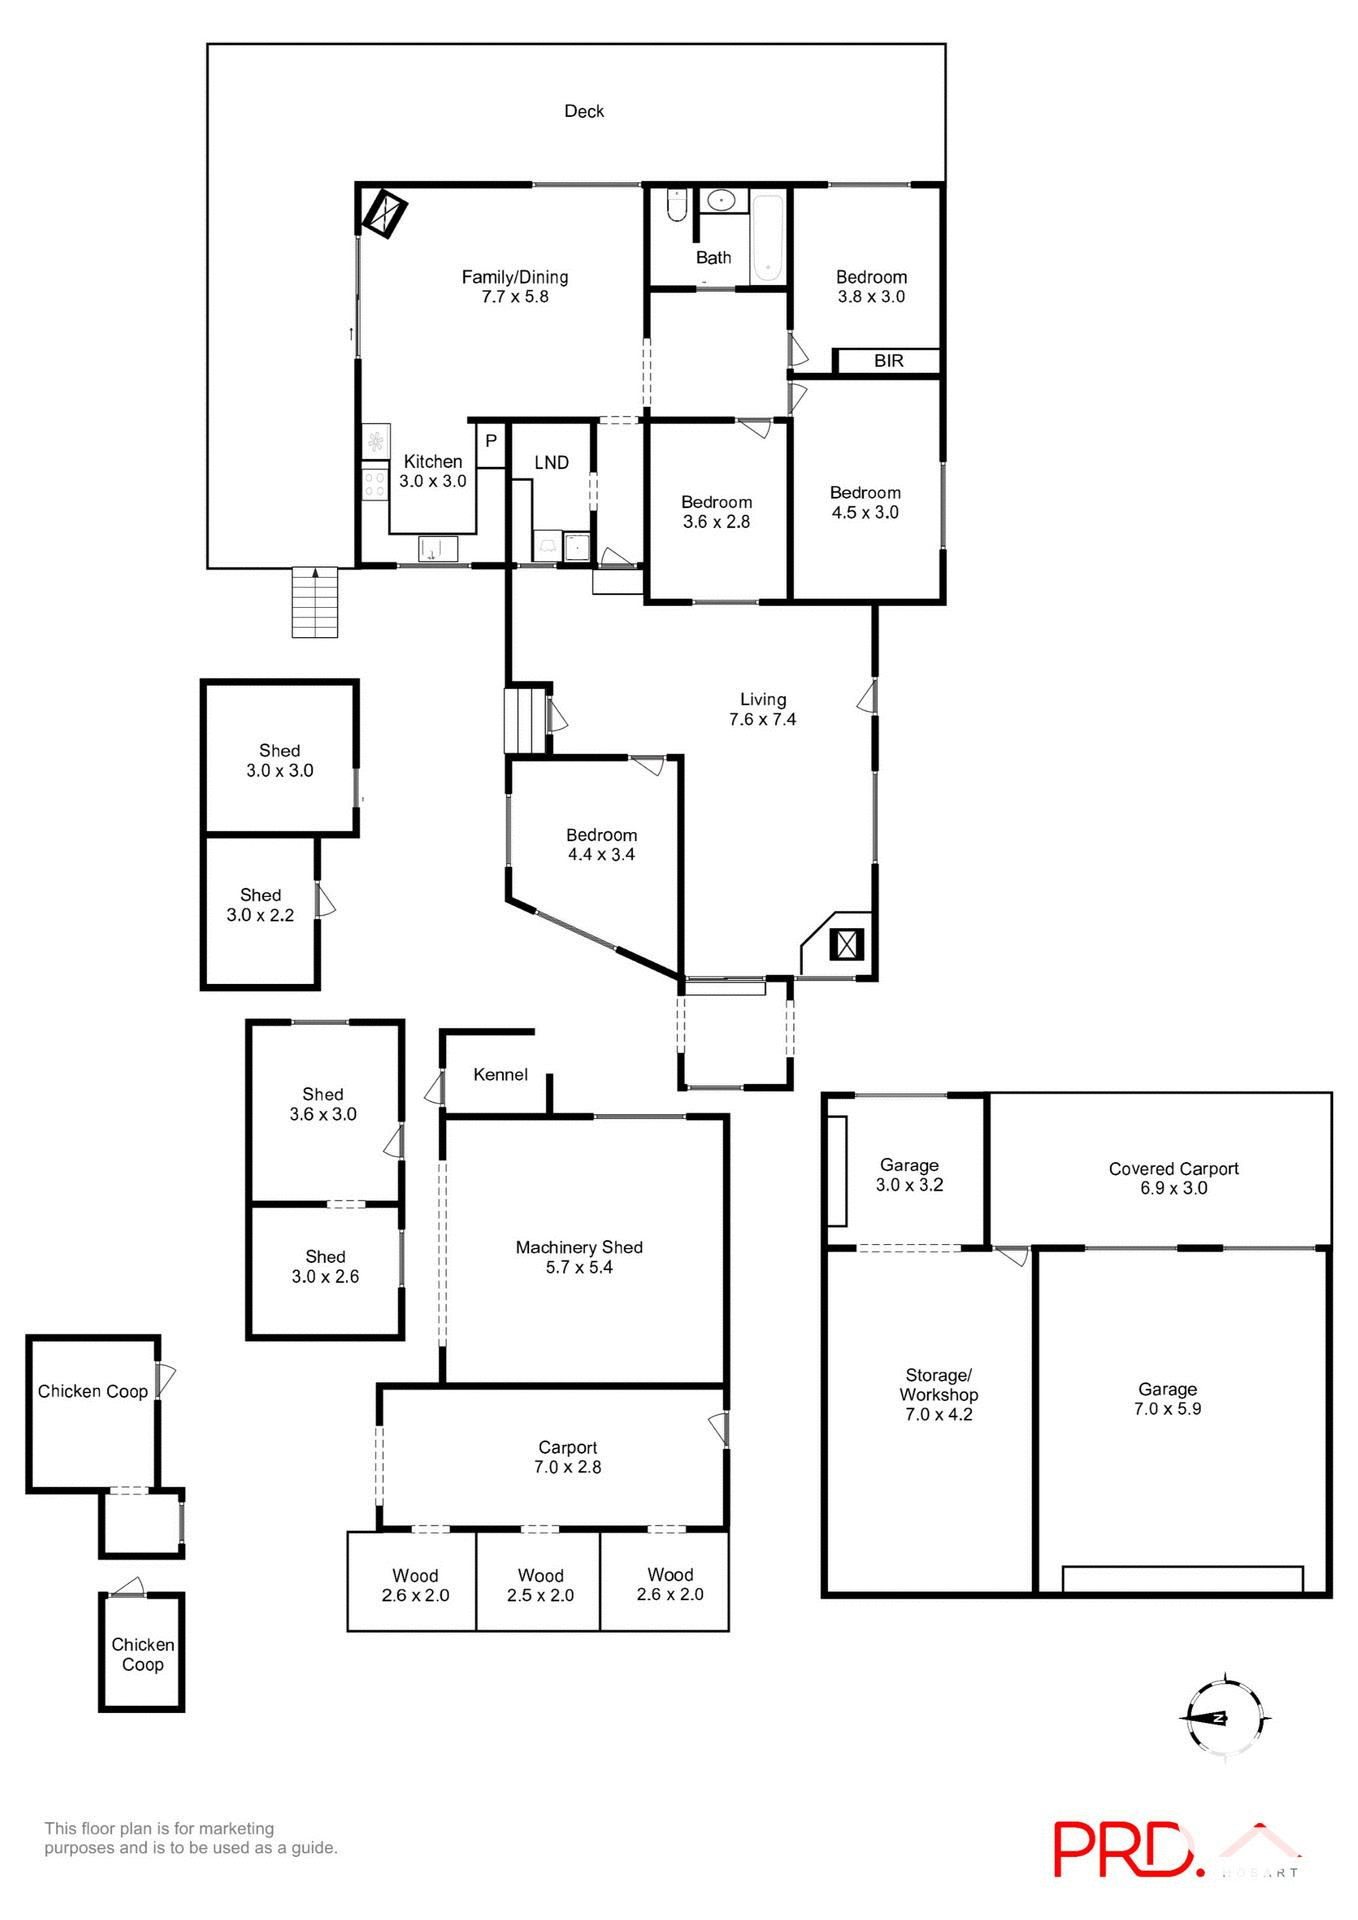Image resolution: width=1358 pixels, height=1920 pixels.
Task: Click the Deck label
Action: click(x=584, y=111)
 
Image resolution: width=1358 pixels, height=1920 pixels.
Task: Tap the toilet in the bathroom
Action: click(x=676, y=205)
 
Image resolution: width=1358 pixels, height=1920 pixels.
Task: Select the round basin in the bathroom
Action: click(x=721, y=201)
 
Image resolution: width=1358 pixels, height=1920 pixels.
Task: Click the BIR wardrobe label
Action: click(x=888, y=361)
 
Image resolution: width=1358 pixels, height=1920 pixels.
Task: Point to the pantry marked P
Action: click(x=491, y=440)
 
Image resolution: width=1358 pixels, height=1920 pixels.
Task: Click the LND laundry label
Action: click(x=551, y=462)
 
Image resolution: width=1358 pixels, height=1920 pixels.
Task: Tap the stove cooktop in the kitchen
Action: click(x=375, y=485)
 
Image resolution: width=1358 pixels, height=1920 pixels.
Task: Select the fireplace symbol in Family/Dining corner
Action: click(x=384, y=211)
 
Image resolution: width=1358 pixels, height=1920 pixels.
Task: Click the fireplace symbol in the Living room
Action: click(x=847, y=944)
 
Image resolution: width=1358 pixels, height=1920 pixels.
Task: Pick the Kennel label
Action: click(x=500, y=1074)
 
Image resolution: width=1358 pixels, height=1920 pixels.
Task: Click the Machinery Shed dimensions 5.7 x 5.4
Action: click(x=579, y=1267)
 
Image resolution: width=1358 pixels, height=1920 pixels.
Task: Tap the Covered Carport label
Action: click(x=1173, y=1168)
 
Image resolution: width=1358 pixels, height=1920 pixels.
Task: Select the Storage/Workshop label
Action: click(x=938, y=1385)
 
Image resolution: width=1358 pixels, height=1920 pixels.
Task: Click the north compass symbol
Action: click(x=1224, y=1718)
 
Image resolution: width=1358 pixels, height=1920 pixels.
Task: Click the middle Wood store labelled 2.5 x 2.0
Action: click(x=540, y=1585)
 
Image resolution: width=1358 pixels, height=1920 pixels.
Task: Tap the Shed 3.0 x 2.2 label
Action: click(x=260, y=905)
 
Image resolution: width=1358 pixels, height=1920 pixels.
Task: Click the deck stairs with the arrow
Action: click(x=315, y=602)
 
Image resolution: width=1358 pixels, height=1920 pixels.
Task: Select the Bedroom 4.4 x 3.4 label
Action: click(x=601, y=844)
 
